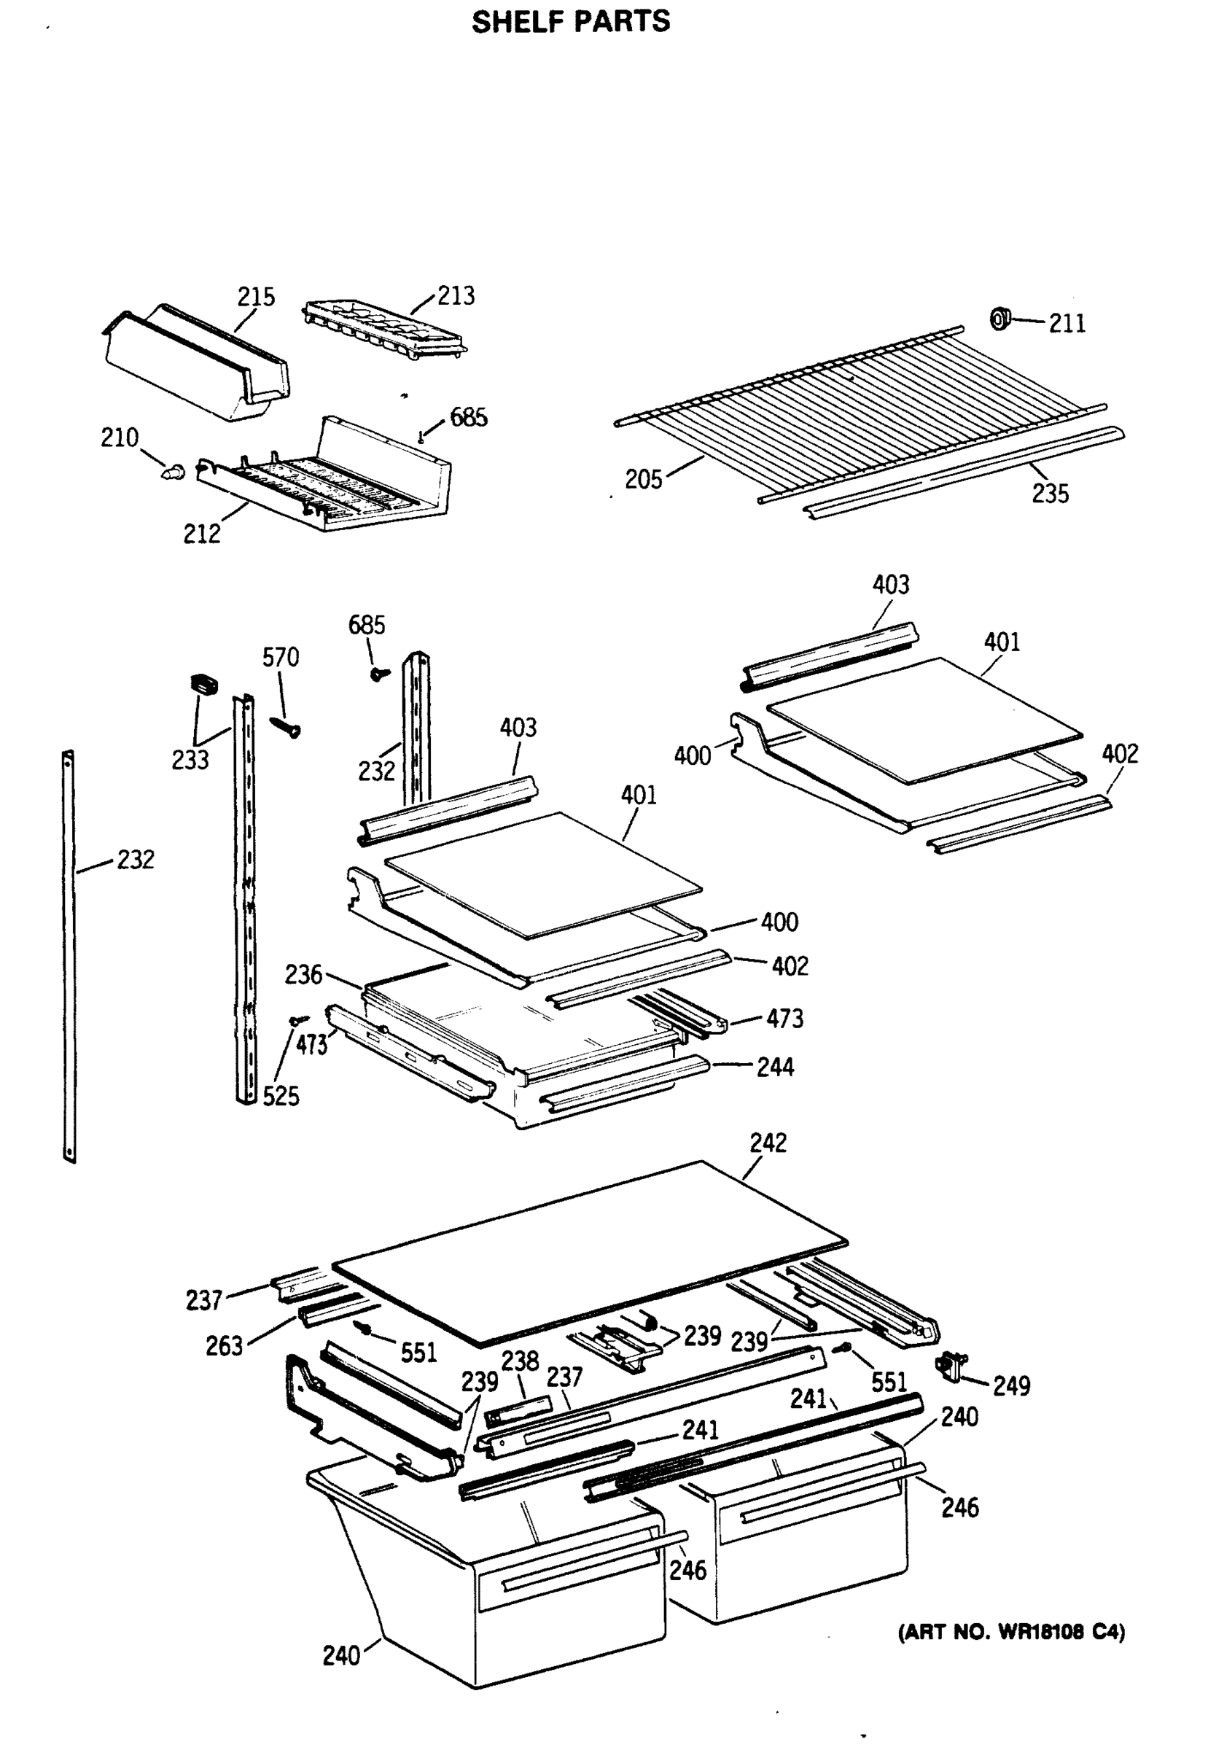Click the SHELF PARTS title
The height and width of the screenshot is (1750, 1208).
pyautogui.click(x=571, y=22)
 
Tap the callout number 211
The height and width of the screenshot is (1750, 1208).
pyautogui.click(x=1067, y=324)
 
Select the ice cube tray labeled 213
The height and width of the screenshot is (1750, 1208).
pyautogui.click(x=384, y=327)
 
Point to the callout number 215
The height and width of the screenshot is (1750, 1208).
pyautogui.click(x=256, y=297)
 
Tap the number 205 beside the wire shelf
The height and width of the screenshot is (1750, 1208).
pyautogui.click(x=643, y=479)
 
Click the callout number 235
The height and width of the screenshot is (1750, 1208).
pyautogui.click(x=1050, y=494)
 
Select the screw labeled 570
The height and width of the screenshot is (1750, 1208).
pyautogui.click(x=286, y=725)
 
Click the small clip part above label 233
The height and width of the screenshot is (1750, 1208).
pyautogui.click(x=203, y=683)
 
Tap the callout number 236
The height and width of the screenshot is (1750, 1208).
pyautogui.click(x=303, y=974)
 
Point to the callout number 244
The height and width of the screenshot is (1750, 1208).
pyautogui.click(x=775, y=1067)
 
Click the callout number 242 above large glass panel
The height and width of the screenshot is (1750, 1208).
pyautogui.click(x=768, y=1142)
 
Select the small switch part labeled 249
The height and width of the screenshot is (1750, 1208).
pyautogui.click(x=951, y=1364)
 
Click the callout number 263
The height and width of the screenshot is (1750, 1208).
pyautogui.click(x=224, y=1346)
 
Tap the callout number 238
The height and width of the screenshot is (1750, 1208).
pyautogui.click(x=520, y=1361)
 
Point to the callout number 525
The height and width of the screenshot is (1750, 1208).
pyautogui.click(x=281, y=1096)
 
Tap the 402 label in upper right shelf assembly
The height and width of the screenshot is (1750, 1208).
pyautogui.click(x=1120, y=754)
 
